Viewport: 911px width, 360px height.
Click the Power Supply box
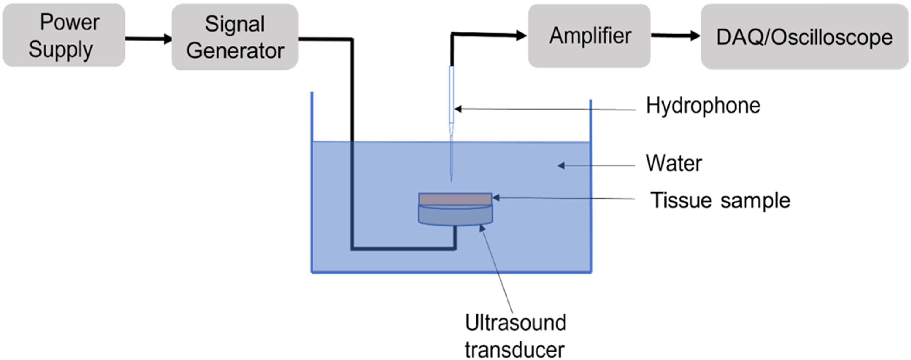tap(64, 36)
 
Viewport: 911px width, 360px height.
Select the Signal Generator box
tap(235, 37)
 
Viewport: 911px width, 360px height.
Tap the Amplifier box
tap(589, 36)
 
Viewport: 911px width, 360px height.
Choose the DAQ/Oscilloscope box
tap(804, 37)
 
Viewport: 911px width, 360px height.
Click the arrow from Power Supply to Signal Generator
tap(148, 38)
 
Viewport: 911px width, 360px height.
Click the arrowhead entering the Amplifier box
tap(521, 36)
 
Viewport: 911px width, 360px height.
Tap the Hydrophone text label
tap(703, 105)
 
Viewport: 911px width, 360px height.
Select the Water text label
tap(674, 163)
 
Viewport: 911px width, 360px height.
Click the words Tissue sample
tap(720, 201)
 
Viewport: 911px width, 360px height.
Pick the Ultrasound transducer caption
tap(515, 336)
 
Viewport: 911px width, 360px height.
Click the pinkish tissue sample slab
tap(455, 199)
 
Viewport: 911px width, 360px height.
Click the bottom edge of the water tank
tap(451, 272)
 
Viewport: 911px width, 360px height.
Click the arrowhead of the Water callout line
tap(561, 165)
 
